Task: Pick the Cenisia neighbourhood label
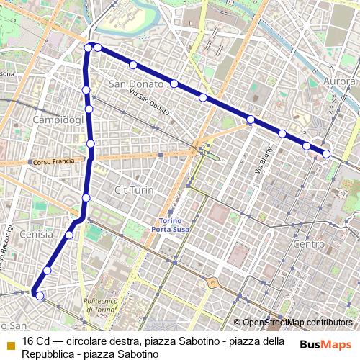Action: pos(36,235)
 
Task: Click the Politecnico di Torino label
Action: pos(105,305)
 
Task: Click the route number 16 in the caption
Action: pos(28,341)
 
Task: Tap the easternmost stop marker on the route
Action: pos(326,153)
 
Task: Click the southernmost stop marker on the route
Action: pos(40,296)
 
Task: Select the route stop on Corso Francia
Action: pos(91,144)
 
